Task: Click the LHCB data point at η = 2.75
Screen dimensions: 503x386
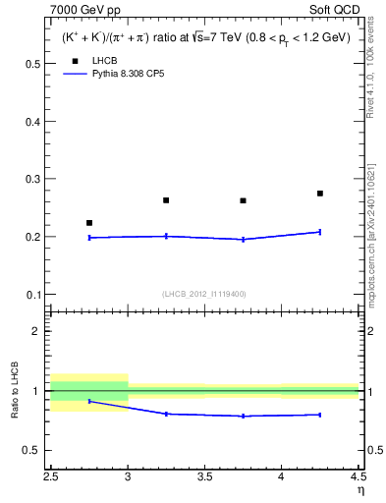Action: pos(89,223)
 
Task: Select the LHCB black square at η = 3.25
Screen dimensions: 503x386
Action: pos(166,200)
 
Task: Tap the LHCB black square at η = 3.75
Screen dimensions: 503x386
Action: pos(243,200)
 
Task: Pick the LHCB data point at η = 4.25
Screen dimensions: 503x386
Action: pos(320,194)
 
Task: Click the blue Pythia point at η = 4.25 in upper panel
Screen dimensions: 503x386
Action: pos(320,232)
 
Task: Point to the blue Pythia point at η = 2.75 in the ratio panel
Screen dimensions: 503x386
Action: pos(89,401)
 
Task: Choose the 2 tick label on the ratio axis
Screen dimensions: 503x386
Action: pos(36,331)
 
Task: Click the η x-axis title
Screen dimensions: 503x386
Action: pos(359,490)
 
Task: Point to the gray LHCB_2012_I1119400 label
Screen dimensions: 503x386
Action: pos(203,294)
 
